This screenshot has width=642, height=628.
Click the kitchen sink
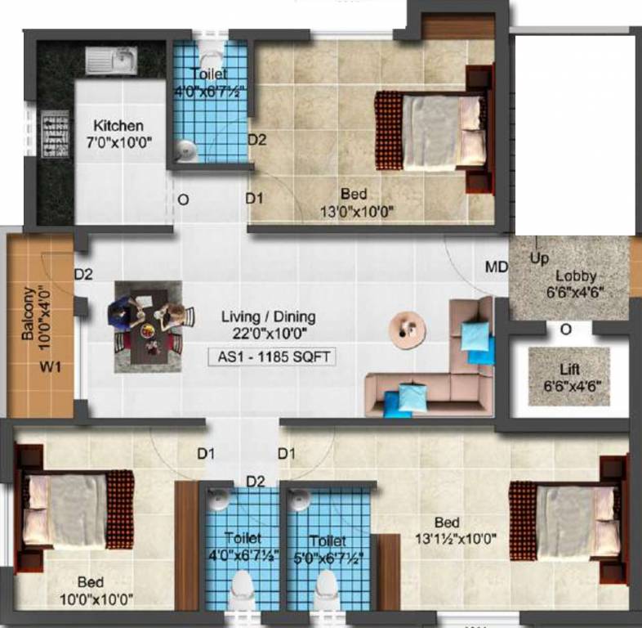pyautogui.click(x=112, y=61)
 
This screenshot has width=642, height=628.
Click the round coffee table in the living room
pyautogui.click(x=407, y=325)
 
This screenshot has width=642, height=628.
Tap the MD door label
pyautogui.click(x=496, y=267)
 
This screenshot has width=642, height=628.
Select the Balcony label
pyautogui.click(x=29, y=313)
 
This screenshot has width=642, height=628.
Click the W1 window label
pyautogui.click(x=51, y=367)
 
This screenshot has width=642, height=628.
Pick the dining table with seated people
pyautogui.click(x=149, y=325)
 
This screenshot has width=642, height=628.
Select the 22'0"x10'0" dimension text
pyautogui.click(x=272, y=333)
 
